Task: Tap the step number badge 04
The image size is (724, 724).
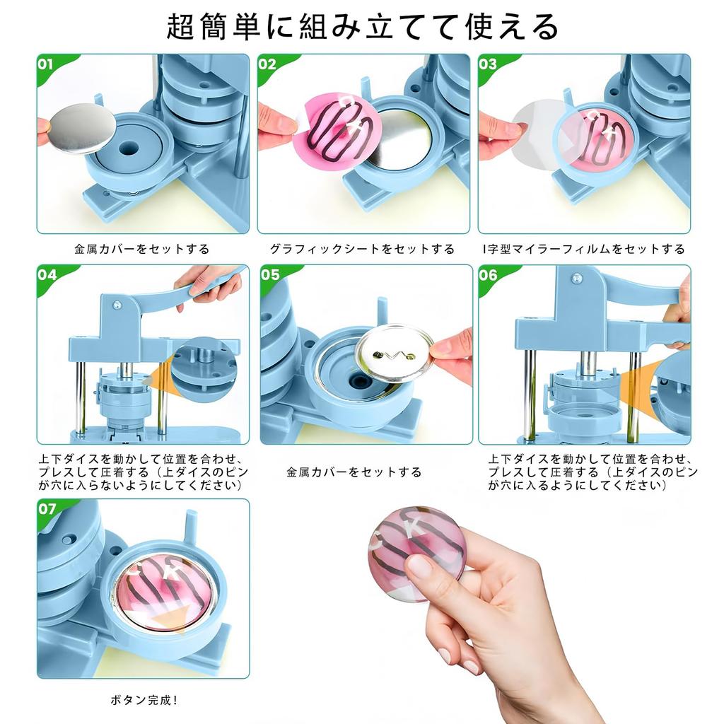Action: tap(47, 275)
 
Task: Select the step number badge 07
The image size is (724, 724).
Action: tap(47, 508)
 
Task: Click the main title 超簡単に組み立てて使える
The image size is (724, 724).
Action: tap(362, 27)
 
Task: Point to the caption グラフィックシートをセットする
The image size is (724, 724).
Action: tap(362, 249)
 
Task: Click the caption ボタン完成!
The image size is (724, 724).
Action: tap(144, 700)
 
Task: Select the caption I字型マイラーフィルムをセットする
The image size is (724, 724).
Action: tap(583, 249)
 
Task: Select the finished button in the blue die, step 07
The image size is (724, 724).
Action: tap(165, 593)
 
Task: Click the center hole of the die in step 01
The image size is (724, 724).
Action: tap(129, 151)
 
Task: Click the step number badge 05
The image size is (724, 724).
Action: tap(270, 275)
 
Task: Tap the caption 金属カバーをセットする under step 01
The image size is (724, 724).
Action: tap(142, 249)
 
